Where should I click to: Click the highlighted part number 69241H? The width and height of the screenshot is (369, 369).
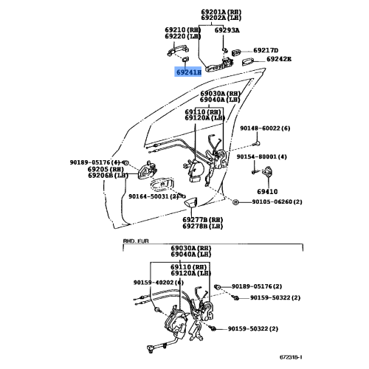[189, 72]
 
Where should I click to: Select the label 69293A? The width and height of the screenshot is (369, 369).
[227, 30]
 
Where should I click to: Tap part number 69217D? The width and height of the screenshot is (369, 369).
[266, 50]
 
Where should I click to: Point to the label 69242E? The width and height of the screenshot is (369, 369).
[279, 59]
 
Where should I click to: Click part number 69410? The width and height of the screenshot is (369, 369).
[267, 192]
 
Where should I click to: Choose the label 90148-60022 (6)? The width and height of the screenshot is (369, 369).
[265, 128]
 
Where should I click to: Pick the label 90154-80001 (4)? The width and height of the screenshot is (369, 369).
[262, 156]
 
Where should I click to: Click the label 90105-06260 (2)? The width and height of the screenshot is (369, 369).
[277, 201]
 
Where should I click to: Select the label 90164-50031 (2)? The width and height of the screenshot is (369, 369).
[154, 196]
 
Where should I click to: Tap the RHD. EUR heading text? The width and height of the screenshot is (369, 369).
[136, 241]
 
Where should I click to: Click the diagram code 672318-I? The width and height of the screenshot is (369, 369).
[291, 357]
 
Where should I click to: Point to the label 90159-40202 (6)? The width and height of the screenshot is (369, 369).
[159, 283]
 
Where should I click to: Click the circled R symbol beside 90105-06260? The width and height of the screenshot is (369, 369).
[235, 202]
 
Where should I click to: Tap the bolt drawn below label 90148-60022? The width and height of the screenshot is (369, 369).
[257, 143]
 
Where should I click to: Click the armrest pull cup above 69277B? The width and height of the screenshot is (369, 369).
[191, 202]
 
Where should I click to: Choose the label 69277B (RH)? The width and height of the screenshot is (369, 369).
[203, 219]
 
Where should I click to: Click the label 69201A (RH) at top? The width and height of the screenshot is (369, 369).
[221, 12]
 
